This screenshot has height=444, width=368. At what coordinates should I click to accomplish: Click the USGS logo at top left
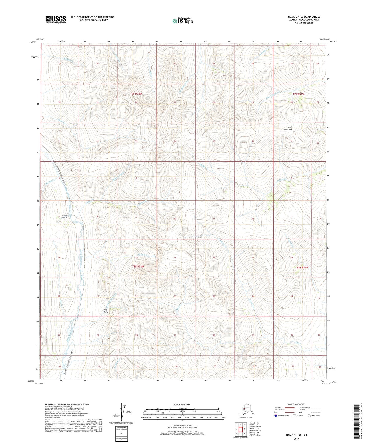pos(56,20)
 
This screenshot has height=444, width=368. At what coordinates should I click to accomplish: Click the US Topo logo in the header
pos(183,21)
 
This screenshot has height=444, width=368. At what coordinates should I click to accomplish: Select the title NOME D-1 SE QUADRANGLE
pos(304,17)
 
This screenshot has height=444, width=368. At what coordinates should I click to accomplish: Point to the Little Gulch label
pos(64,216)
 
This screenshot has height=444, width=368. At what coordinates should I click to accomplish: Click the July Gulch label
pos(106,311)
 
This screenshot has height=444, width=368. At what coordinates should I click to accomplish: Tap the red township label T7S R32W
pos(136,94)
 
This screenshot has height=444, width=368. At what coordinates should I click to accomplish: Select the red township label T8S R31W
pos(302,267)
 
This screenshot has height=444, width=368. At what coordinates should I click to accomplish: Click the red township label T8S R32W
pos(138,267)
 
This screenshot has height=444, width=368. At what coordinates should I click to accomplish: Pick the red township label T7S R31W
pos(298,94)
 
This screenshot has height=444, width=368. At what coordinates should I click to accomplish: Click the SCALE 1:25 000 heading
pos(182,405)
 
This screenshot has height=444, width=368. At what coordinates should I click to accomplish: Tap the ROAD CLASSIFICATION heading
pos(296,404)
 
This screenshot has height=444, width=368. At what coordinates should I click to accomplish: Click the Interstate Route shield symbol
pos(276,416)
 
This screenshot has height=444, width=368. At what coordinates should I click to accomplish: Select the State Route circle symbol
pos(309,416)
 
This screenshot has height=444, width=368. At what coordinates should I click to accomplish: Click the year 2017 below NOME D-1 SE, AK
pos(296,439)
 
